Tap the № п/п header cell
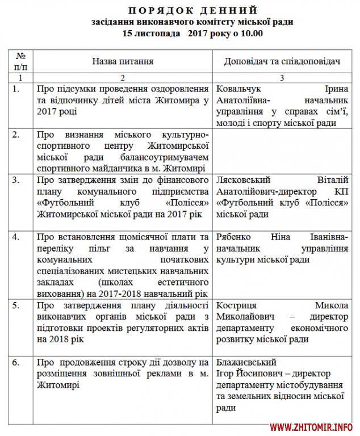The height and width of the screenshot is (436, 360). [x=20, y=61]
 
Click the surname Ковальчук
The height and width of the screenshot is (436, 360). [x=240, y=89]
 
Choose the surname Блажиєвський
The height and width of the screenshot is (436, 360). [x=246, y=362]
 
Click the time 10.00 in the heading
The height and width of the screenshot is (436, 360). [x=251, y=33]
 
